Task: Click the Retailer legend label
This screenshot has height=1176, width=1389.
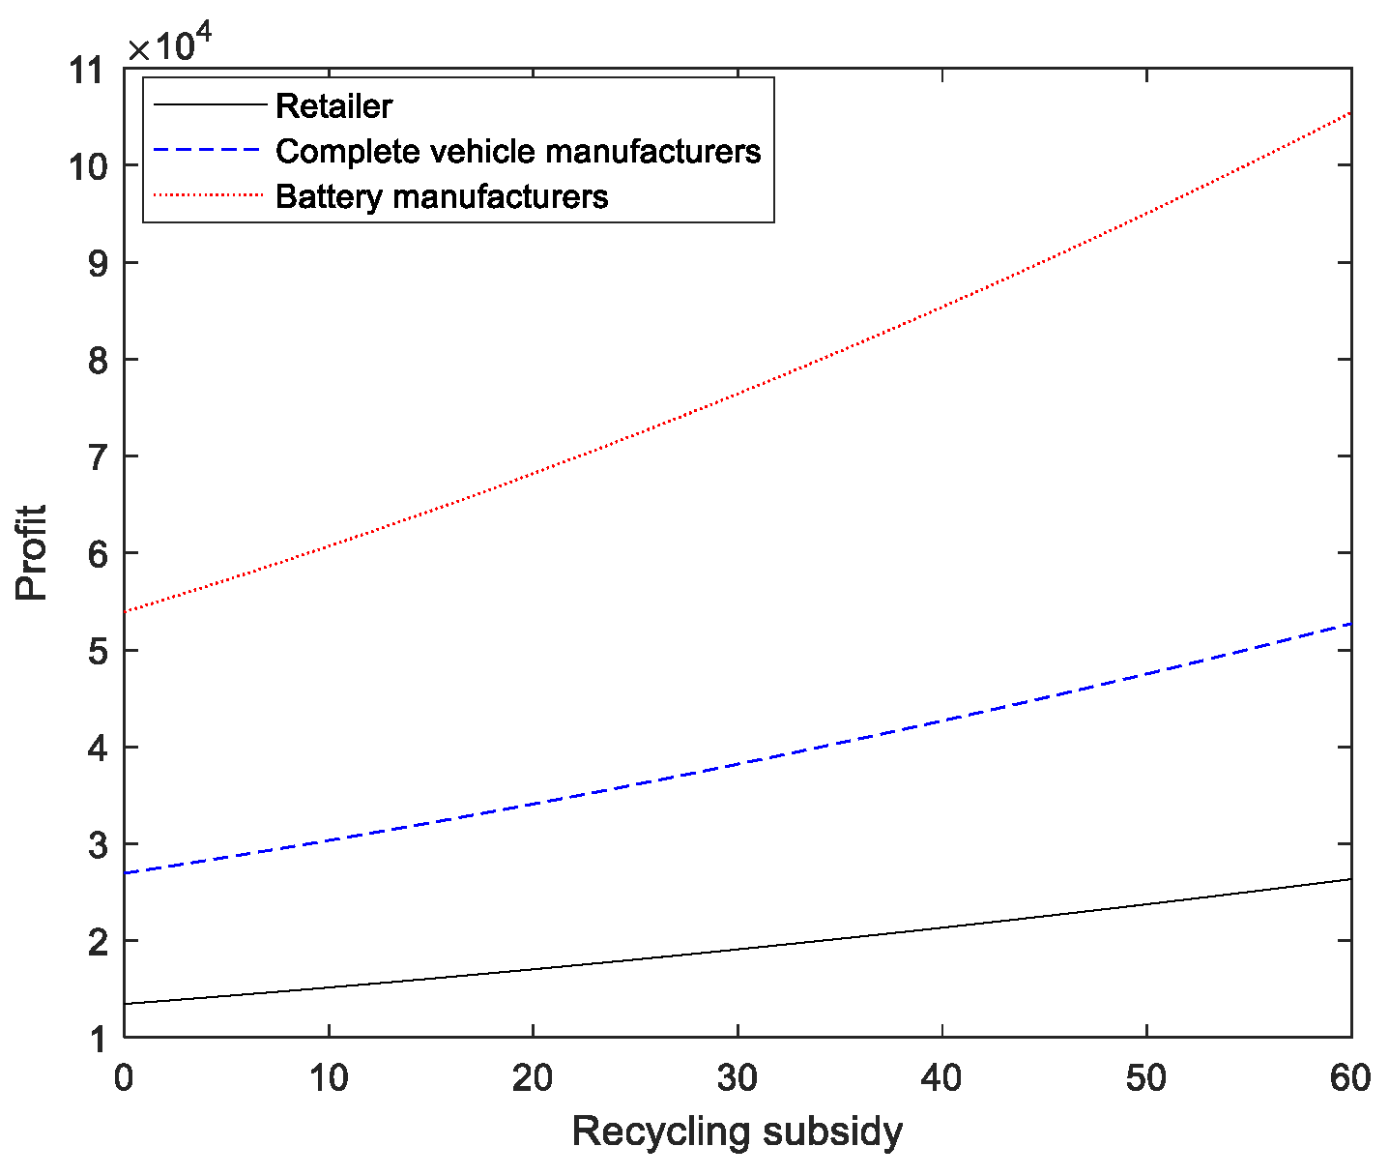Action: [333, 105]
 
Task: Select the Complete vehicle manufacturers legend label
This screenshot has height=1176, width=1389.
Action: [518, 151]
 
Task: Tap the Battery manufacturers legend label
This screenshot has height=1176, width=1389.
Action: [442, 196]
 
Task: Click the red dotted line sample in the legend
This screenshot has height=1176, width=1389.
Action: [208, 195]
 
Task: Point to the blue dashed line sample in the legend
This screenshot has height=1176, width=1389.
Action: [208, 150]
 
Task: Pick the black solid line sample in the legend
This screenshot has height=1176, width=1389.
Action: [208, 104]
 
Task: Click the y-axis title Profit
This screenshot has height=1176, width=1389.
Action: [32, 553]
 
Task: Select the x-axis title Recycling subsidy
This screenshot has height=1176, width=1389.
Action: [738, 1131]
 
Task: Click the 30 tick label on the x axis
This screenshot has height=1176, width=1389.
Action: [738, 1077]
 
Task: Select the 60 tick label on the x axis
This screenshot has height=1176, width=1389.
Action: [1349, 1077]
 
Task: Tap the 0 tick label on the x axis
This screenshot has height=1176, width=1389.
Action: [125, 1077]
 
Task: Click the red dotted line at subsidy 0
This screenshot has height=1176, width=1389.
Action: [127, 610]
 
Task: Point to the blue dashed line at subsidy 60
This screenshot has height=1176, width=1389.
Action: [1349, 625]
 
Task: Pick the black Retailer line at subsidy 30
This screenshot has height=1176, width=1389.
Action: [738, 949]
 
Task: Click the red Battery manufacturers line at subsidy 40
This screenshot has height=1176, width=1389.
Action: [942, 309]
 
